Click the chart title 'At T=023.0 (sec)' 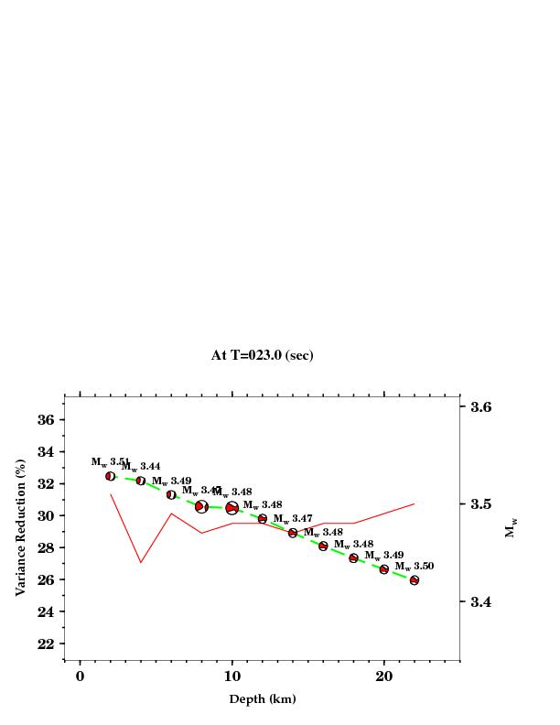point(262,355)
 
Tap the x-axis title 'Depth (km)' point(262,699)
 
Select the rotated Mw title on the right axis point(511,528)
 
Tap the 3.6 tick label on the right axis point(481,406)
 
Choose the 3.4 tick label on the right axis point(481,601)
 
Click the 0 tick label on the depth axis point(81,676)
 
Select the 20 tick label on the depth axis point(384,676)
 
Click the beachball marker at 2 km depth point(111,476)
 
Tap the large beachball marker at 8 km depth point(201,506)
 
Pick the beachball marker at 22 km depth point(415,579)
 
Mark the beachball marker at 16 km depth point(323,546)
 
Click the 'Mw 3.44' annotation point(141,467)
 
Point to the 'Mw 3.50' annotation point(414,567)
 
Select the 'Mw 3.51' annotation point(109,462)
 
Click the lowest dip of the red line point(141,562)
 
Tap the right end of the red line point(415,503)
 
